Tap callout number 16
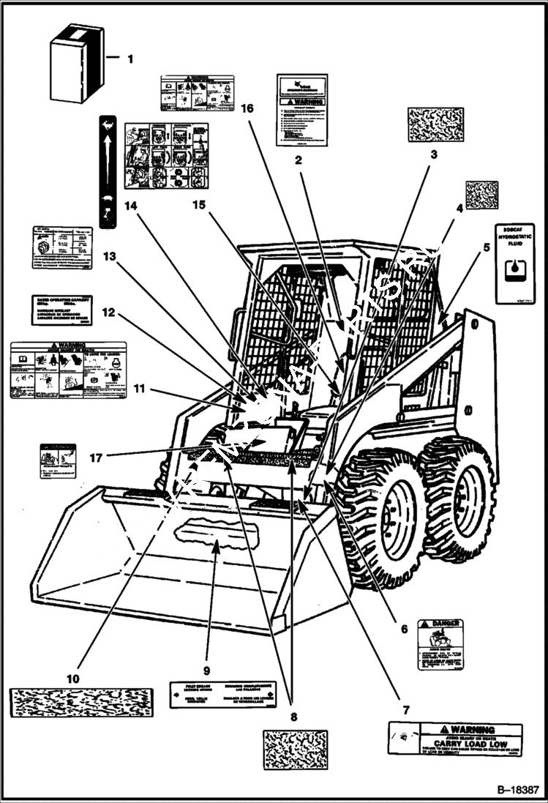point(247,108)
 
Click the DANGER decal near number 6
point(440,644)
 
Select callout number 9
point(206,670)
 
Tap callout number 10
point(72,678)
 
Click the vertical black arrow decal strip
point(108,171)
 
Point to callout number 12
point(108,312)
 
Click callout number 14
point(131,207)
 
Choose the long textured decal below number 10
point(81,703)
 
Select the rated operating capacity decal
point(61,310)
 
